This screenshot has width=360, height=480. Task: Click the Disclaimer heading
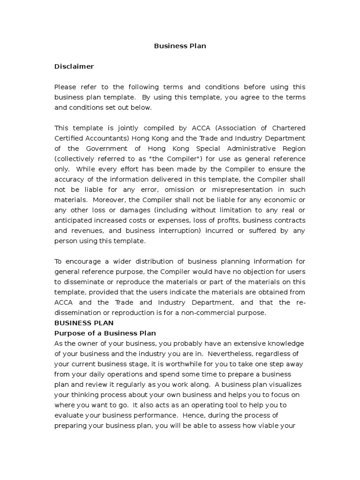click(x=74, y=67)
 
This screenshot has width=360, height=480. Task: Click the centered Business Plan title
click(x=180, y=46)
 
